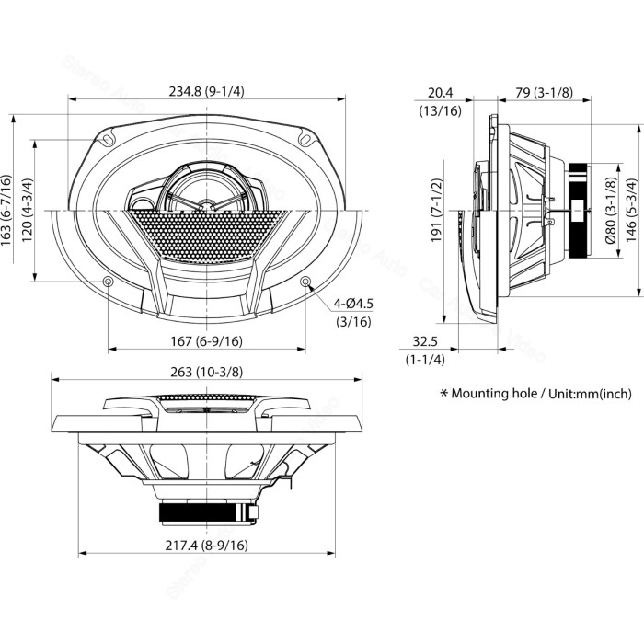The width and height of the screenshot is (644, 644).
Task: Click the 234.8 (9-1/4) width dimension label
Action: pos(207,90)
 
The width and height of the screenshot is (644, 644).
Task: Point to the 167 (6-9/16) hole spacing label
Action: pos(207,341)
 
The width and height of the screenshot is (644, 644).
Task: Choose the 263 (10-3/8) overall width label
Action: pos(207,372)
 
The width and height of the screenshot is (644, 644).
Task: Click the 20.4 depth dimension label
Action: pos(440,91)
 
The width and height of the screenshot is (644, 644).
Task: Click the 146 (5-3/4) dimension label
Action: pos(630,207)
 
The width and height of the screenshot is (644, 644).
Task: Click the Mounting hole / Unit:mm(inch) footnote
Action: pos(536,393)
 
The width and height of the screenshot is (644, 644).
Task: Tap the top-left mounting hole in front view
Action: pos(109,140)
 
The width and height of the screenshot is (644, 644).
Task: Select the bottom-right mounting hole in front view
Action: pos(305,281)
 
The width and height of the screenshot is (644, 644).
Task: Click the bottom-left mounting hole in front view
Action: pos(109,281)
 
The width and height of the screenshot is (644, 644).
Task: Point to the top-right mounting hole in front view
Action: pos(305,140)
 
